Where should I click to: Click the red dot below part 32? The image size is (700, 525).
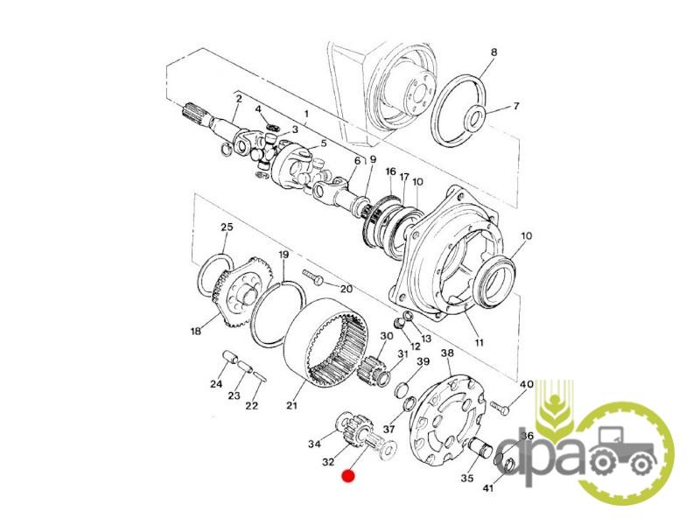347,476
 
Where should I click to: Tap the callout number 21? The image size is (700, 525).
291,405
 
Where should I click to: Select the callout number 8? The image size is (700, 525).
493,52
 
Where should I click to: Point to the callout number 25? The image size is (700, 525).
227,227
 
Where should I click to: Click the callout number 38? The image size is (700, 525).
447,353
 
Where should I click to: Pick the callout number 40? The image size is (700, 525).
527,384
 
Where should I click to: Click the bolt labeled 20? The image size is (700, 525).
313,276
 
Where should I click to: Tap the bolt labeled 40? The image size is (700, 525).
500,407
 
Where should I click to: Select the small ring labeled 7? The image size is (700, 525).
474,117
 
